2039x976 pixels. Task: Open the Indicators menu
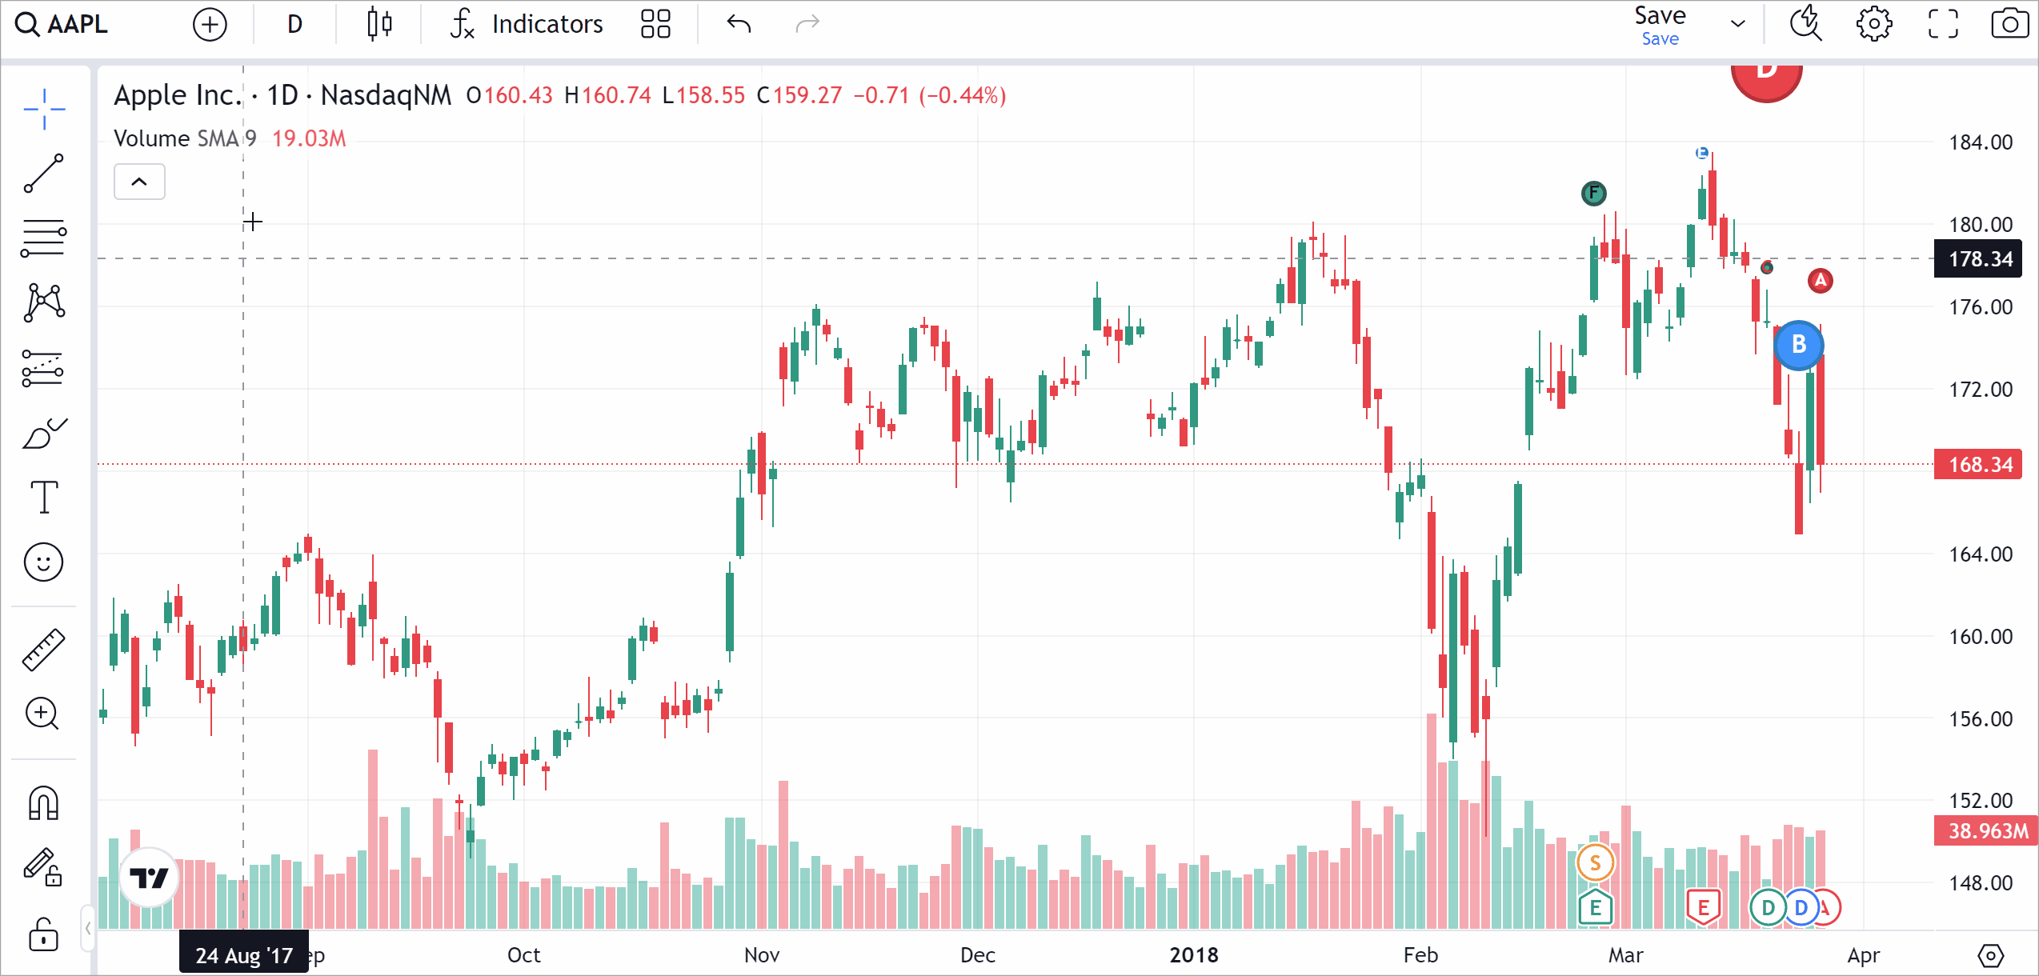(527, 24)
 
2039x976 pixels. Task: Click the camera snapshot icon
(2009, 24)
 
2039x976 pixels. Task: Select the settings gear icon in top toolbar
(1873, 24)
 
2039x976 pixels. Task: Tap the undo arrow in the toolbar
(739, 24)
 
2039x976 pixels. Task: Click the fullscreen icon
(1942, 24)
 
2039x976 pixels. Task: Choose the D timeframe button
(294, 24)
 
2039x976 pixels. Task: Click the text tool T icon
(44, 497)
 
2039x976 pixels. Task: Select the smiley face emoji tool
(44, 562)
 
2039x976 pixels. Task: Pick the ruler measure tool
(44, 649)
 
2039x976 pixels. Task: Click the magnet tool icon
(44, 803)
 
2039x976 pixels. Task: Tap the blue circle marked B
(1798, 345)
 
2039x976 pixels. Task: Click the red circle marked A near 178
(1821, 280)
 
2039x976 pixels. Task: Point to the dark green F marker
(1593, 193)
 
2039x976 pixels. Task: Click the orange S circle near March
(1595, 862)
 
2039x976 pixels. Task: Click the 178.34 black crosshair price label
(1980, 259)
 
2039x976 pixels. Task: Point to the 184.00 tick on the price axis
(1980, 142)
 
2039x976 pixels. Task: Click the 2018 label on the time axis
(1193, 955)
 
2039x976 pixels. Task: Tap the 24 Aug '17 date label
(244, 955)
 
